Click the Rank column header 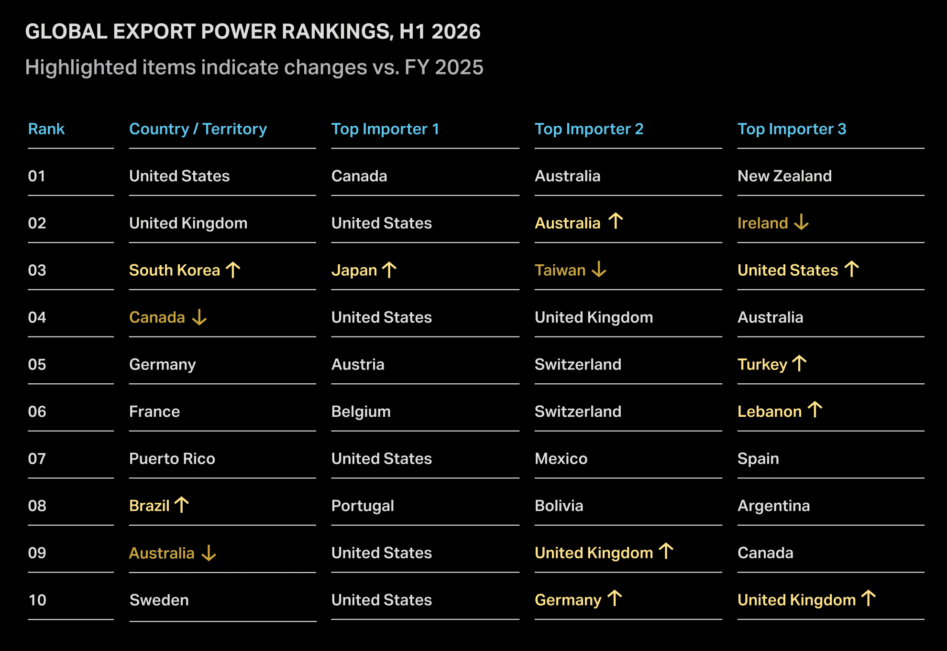[x=46, y=129]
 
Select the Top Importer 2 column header [x=589, y=129]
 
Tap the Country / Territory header [x=198, y=129]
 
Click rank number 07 [x=37, y=459]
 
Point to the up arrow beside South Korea [x=233, y=270]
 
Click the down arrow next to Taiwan [x=599, y=270]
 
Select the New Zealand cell [x=784, y=176]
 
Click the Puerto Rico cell [x=172, y=459]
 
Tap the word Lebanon [x=770, y=412]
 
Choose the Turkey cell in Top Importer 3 [x=762, y=365]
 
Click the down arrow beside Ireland [x=801, y=222]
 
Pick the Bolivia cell [x=559, y=506]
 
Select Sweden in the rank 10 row [x=159, y=600]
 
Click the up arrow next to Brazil [x=181, y=505]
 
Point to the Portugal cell [x=363, y=506]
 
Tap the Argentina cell [x=774, y=506]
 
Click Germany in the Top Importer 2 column [x=568, y=600]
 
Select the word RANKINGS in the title [x=337, y=32]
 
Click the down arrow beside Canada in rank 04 [x=199, y=317]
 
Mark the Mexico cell [x=561, y=459]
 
